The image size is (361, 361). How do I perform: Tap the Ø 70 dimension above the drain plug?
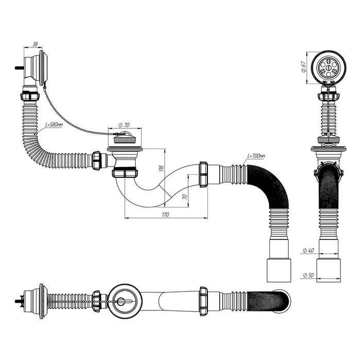(x=124, y=124)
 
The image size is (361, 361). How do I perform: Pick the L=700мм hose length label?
(x=256, y=156)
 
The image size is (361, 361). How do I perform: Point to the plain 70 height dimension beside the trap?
(x=184, y=196)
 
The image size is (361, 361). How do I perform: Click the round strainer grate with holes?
(x=327, y=67)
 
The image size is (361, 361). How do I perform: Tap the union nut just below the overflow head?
(x=29, y=96)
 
